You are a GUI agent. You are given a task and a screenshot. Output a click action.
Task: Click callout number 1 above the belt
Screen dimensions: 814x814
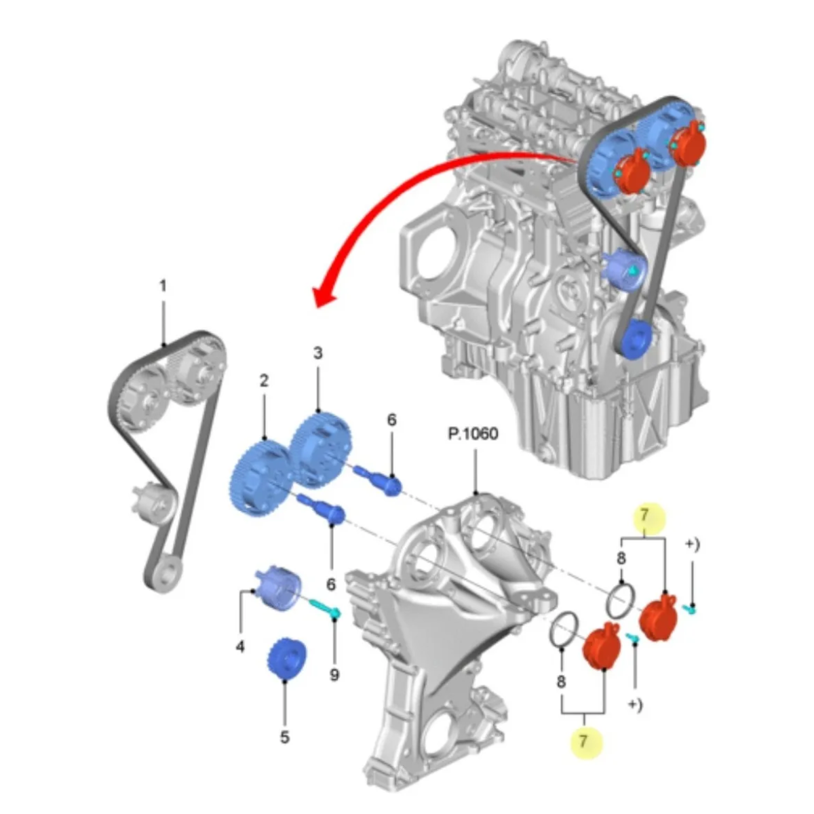(x=163, y=287)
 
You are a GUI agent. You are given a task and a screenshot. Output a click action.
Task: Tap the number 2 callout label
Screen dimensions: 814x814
(x=265, y=381)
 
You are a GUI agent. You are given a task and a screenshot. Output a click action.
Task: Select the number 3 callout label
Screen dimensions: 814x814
(x=317, y=353)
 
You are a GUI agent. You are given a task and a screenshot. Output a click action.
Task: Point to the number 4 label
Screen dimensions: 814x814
(x=240, y=647)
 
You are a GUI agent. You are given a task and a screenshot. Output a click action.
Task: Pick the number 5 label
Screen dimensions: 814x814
(x=285, y=737)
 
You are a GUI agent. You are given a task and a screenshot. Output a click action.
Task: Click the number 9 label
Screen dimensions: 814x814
(x=334, y=675)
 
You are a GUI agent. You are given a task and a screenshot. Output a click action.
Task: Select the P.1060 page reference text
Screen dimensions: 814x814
(x=473, y=433)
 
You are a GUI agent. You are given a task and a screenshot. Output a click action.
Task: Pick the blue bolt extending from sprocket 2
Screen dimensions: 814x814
(x=323, y=508)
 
